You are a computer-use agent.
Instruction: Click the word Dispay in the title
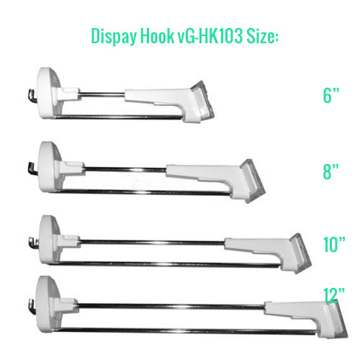114,37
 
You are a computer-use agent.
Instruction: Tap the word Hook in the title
157,36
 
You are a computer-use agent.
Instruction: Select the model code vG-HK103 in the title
210,36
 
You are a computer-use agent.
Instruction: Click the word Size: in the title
262,36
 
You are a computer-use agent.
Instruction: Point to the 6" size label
330,95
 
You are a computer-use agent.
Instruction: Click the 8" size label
330,171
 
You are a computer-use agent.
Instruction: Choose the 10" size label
334,244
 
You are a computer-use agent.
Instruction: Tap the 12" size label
334,295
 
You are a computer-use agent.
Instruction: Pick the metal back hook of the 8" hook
33,168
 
